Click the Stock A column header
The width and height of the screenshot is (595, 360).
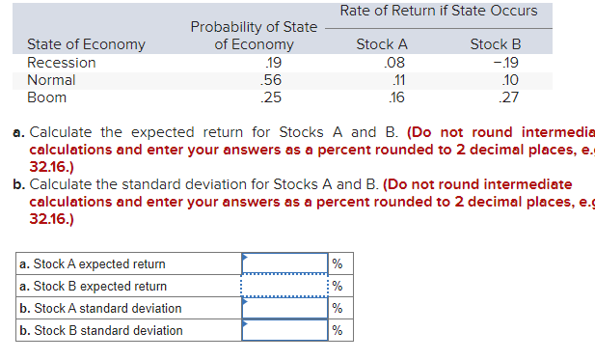[382, 44]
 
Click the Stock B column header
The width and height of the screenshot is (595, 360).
[495, 44]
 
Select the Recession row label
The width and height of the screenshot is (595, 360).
[62, 63]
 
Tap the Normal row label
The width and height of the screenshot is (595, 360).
[52, 80]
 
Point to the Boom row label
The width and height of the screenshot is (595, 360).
[47, 97]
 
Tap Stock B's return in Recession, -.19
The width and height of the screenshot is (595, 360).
[506, 63]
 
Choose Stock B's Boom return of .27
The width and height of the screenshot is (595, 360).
[509, 97]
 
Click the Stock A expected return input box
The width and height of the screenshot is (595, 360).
[284, 263]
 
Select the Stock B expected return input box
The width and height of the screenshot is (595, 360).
[284, 286]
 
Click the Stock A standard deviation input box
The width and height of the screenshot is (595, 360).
[284, 308]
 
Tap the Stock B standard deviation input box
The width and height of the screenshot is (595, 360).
[284, 330]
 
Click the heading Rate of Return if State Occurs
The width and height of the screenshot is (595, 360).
[439, 12]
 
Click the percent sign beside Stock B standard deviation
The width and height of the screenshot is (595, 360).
[337, 330]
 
